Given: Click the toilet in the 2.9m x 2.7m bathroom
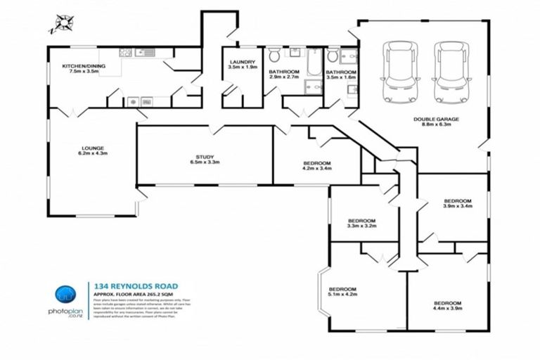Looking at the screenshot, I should pos(274,54).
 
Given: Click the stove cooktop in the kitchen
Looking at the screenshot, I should pos(127,52).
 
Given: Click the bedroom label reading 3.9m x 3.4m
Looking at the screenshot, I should pos(457,204).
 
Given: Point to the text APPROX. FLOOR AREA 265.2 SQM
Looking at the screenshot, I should pos(134,295).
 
